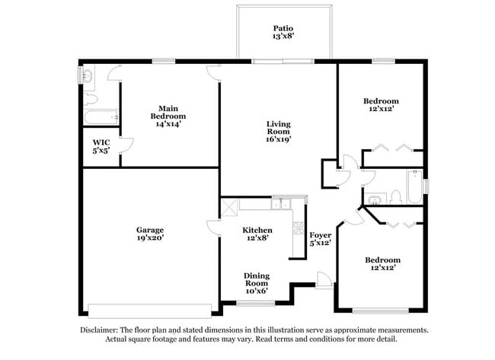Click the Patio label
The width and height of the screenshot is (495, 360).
pos(283,31)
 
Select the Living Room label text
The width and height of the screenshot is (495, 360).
pos(278,131)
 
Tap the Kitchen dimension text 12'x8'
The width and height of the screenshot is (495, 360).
pos(257,239)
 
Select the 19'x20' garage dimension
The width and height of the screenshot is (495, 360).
pos(150,238)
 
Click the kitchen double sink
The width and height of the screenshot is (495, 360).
pos(282,204)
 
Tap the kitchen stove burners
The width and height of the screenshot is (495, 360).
pos(298,228)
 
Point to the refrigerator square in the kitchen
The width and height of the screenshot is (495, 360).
pos(229,205)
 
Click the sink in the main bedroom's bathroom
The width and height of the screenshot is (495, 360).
pos(86,75)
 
